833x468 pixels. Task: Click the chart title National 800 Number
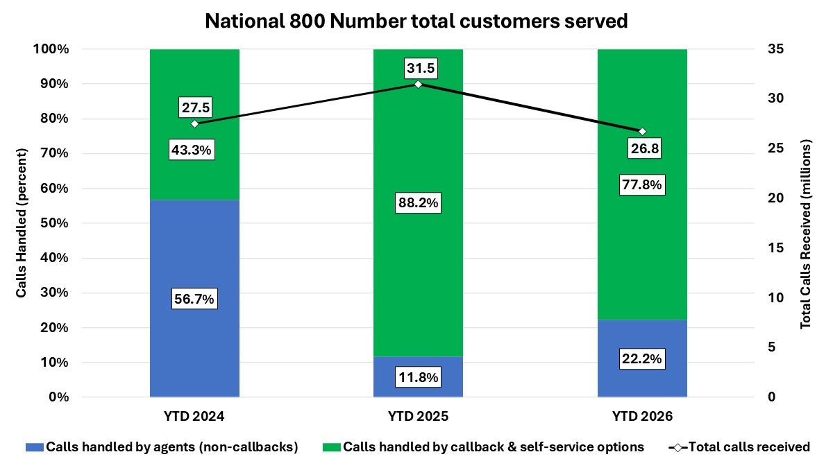tap(416, 21)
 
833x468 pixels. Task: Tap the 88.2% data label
tap(418, 204)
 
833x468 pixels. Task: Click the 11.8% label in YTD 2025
tap(418, 379)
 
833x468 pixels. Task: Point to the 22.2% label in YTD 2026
tap(642, 359)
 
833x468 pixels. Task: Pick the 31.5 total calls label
tap(418, 68)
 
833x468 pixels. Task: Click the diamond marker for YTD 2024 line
tap(194, 123)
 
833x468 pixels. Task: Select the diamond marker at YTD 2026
tap(642, 132)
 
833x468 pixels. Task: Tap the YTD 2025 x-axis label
tap(418, 417)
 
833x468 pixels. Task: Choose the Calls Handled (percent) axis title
tap(22, 223)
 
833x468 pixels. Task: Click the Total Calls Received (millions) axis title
tap(806, 236)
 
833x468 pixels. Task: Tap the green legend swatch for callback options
tap(331, 447)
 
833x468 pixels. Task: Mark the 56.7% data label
tap(194, 299)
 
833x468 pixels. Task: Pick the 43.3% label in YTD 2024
tap(194, 150)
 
